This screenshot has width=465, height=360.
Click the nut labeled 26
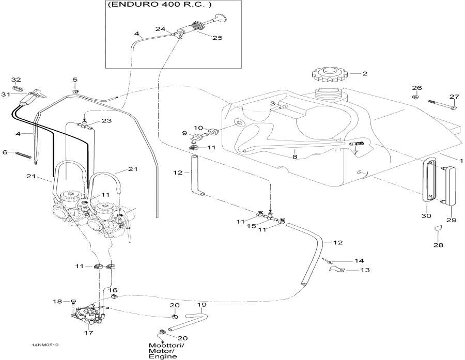click(416, 97)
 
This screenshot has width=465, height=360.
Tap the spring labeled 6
click(23, 153)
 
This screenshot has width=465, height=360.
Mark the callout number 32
click(16, 80)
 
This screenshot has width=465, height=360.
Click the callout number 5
click(75, 80)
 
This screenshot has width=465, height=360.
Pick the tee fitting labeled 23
click(84, 125)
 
